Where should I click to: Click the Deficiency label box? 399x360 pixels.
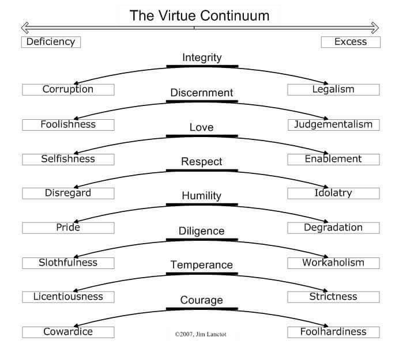[51, 42]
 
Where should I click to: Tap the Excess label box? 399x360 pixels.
[351, 42]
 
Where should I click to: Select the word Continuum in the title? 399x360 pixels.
[235, 16]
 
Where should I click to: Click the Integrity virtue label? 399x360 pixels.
[202, 58]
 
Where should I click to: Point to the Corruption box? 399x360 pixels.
[68, 90]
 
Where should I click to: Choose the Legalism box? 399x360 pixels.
[333, 90]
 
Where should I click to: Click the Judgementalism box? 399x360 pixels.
[334, 125]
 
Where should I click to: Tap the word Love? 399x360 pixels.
[202, 127]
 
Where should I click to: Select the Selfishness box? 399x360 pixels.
[68, 160]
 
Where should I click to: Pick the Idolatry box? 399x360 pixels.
[333, 194]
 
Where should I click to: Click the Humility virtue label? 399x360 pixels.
[202, 196]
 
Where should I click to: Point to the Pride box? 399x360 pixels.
[68, 228]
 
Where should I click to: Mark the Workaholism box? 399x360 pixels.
[333, 263]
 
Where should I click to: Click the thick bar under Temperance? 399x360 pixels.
[202, 274]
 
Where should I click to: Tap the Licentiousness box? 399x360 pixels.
[68, 297]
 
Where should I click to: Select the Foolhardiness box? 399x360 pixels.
[333, 332]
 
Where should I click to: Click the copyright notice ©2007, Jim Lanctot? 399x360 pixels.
[201, 334]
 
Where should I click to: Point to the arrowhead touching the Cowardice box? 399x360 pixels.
[76, 325]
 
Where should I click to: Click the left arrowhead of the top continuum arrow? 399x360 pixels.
[25, 28]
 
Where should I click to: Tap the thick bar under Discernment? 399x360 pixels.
[202, 102]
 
